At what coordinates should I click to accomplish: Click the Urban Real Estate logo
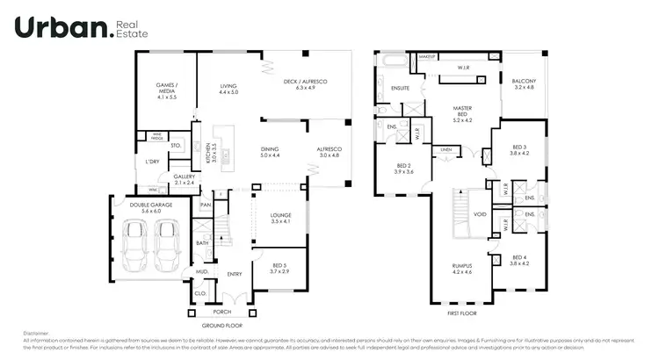click(81, 28)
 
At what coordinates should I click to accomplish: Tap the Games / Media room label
click(167, 91)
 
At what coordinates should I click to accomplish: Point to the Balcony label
click(524, 85)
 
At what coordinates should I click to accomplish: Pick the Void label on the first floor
click(480, 213)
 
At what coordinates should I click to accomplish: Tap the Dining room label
click(270, 153)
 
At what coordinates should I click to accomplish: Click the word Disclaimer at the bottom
click(37, 334)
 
